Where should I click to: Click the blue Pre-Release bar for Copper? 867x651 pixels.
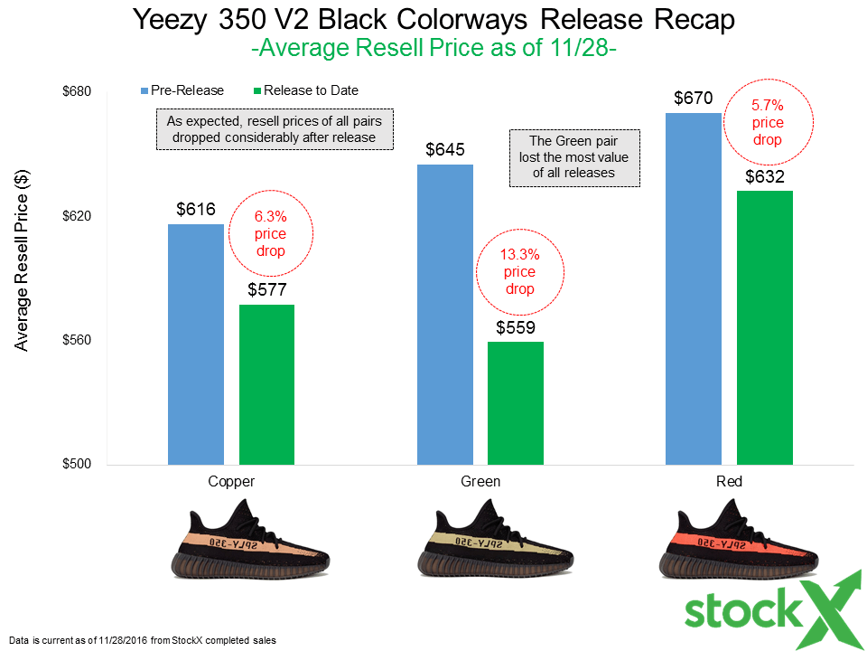196,344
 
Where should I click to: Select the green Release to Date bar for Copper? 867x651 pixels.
266,384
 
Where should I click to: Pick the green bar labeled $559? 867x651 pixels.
515,403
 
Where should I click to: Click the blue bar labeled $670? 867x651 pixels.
693,288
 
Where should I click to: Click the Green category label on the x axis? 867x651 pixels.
480,482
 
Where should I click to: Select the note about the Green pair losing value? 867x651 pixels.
574,158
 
